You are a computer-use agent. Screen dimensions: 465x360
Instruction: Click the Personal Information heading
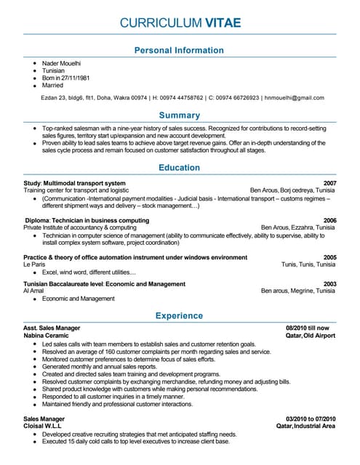tap(180, 50)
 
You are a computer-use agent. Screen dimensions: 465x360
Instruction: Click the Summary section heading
tap(180, 115)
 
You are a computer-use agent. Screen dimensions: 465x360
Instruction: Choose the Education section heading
tap(180, 168)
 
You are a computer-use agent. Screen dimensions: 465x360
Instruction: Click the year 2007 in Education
tap(329, 183)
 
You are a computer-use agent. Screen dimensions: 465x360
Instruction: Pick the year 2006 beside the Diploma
tap(329, 220)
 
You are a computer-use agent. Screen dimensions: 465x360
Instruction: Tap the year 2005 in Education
tap(329, 257)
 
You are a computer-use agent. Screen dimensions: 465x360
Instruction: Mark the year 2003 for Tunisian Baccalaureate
tap(329, 283)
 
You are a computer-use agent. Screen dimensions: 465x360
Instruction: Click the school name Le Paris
tap(34, 264)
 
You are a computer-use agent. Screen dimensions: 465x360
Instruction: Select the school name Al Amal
tap(34, 291)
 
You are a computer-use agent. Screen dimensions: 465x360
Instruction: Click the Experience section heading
tap(180, 316)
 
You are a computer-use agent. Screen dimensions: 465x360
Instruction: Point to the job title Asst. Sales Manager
tap(52, 329)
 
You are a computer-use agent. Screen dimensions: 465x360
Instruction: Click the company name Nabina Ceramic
tap(46, 336)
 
